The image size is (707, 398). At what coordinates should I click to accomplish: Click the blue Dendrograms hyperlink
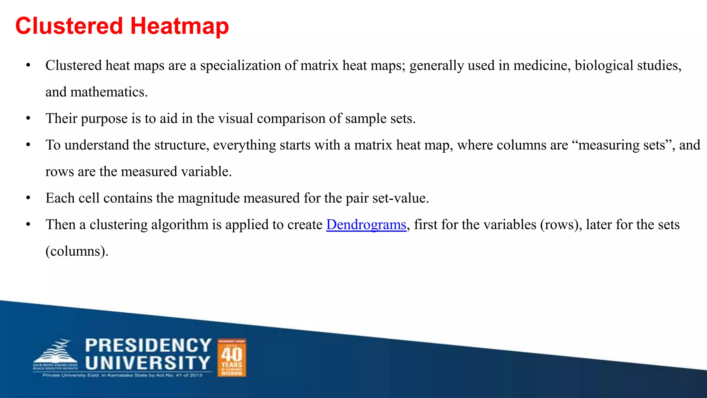click(366, 225)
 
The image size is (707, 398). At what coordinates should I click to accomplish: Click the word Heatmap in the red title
click(180, 26)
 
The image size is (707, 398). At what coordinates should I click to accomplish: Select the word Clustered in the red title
click(69, 26)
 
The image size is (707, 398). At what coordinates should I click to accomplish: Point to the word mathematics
click(109, 92)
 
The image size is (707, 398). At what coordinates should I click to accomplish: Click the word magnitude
click(211, 198)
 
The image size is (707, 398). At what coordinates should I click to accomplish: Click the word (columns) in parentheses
click(77, 251)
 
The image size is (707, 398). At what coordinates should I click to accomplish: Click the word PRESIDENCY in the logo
click(148, 345)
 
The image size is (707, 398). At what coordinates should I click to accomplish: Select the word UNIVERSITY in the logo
click(148, 363)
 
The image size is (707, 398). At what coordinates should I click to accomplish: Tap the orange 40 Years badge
click(232, 358)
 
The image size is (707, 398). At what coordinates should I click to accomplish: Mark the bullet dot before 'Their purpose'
click(28, 119)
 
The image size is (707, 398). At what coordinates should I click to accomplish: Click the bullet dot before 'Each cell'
click(28, 198)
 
